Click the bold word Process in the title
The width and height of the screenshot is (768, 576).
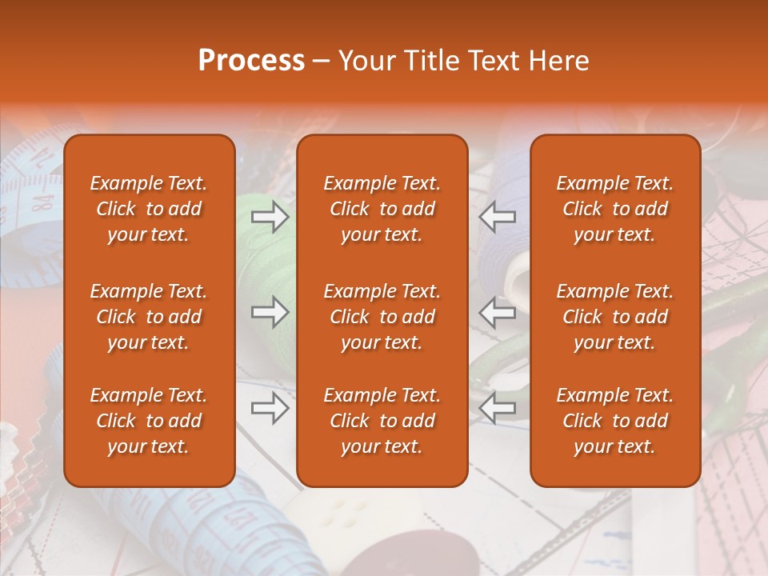(x=251, y=61)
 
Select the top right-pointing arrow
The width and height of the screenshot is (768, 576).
(x=270, y=217)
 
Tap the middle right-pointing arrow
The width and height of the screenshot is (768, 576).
(x=270, y=313)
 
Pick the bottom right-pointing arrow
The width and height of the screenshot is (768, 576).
(x=270, y=408)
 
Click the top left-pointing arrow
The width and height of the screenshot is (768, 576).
(x=498, y=217)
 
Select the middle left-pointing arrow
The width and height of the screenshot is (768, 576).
(x=498, y=313)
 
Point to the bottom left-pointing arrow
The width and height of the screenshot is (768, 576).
(x=498, y=408)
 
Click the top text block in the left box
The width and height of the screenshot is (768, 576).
(x=149, y=209)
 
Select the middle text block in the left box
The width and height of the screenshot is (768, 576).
(x=149, y=317)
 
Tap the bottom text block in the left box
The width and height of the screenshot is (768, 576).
(x=149, y=421)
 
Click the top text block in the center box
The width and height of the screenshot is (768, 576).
(x=382, y=209)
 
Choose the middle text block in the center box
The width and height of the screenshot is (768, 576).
(x=382, y=317)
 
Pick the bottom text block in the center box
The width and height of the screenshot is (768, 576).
(x=382, y=421)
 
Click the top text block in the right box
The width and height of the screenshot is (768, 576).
(x=615, y=209)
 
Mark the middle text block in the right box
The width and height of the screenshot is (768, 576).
(x=615, y=317)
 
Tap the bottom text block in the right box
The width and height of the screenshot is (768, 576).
(x=615, y=421)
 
